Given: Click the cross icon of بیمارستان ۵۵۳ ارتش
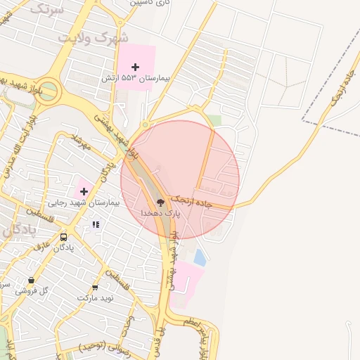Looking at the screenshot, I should point(135,67).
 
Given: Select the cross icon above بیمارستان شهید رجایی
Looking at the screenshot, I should point(83,191).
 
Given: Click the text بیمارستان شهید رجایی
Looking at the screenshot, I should point(83,202).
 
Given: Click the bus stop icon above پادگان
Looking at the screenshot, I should point(64,238).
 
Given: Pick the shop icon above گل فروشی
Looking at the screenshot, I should point(31,280).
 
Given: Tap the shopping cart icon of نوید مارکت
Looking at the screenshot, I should point(95,288).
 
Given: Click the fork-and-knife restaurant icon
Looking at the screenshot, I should point(96,224).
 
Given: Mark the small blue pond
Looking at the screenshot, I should point(200,258).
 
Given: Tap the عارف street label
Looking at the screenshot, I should point(44,246).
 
